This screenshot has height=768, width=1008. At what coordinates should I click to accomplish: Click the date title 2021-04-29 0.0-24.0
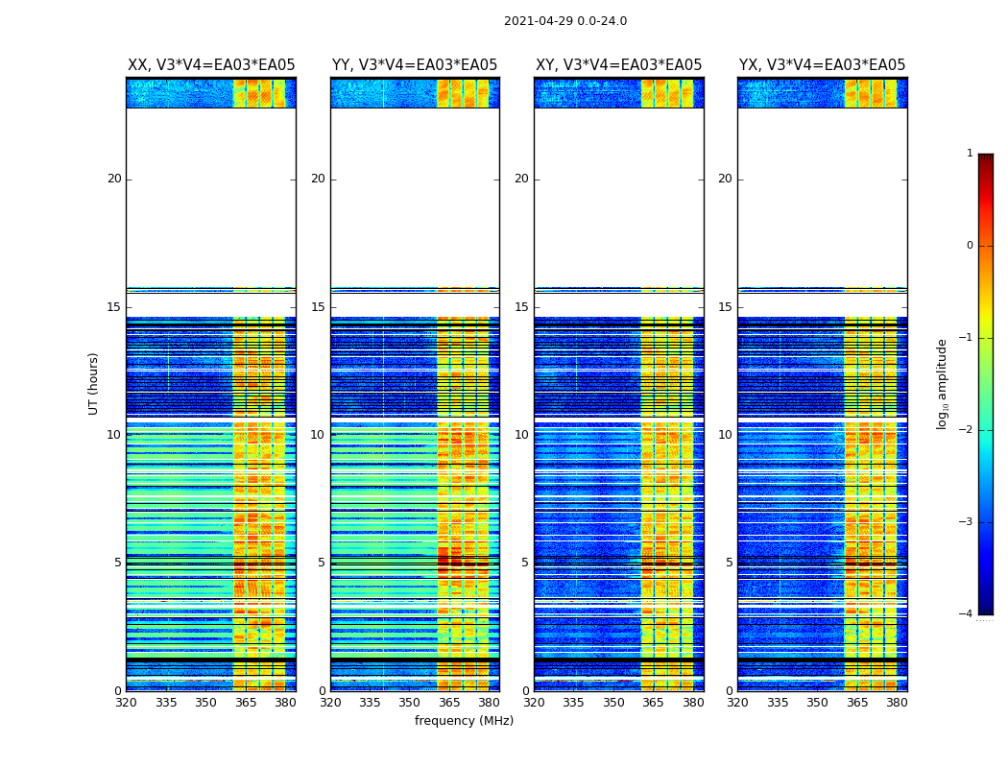564,21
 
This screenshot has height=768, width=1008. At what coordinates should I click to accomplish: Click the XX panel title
211,65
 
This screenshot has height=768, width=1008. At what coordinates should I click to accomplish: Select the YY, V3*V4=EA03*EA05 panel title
415,65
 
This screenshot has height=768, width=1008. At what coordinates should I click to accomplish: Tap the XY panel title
618,65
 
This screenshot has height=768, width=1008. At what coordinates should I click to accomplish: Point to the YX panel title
822,65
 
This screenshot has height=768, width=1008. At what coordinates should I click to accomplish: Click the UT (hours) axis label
94,383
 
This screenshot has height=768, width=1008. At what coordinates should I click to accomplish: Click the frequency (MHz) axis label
464,721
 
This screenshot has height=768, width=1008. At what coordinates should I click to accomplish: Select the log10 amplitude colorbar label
943,383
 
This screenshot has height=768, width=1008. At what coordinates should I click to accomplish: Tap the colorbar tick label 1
970,154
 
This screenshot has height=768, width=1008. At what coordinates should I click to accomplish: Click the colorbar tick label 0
970,246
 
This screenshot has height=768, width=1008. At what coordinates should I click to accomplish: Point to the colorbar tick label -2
968,430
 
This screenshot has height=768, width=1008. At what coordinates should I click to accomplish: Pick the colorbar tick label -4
968,614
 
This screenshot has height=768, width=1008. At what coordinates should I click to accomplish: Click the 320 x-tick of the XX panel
126,703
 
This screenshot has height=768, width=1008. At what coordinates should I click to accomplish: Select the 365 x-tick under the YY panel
449,703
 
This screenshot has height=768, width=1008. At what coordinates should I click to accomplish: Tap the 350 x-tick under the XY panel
613,703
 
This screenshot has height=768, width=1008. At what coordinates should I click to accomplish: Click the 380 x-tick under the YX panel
897,703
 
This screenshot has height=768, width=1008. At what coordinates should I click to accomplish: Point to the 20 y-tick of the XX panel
114,179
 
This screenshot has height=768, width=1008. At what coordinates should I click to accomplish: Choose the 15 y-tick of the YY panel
318,307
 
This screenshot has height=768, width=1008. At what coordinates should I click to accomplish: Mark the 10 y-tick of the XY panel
521,435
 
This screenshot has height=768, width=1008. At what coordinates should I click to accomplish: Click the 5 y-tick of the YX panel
729,563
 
